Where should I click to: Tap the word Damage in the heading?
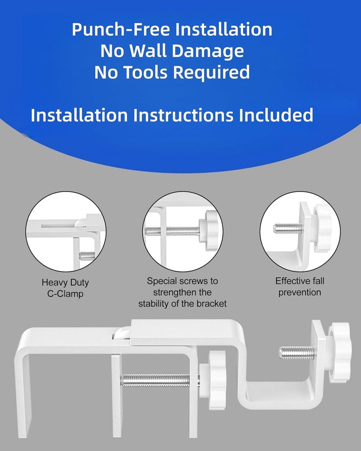[x=208, y=51]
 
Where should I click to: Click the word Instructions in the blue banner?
[x=183, y=115]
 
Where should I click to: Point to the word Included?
[x=276, y=115]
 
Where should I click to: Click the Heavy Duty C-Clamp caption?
[x=65, y=288]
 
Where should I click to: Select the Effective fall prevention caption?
[x=300, y=286]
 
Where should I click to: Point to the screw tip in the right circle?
[x=275, y=228]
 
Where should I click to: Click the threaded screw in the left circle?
[x=87, y=255]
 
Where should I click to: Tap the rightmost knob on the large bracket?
[x=339, y=352]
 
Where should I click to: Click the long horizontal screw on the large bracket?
[x=160, y=380]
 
